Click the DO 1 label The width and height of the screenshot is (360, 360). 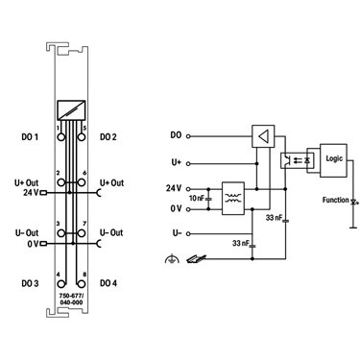click(30, 137)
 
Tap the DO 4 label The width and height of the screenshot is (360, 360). click(108, 283)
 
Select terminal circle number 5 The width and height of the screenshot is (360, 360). click(82, 137)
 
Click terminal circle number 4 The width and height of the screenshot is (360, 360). click(61, 284)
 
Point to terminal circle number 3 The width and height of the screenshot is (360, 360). click(61, 233)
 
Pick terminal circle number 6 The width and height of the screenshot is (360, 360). click(82, 182)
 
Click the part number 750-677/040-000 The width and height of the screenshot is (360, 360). click(71, 299)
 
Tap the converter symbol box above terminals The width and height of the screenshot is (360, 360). click(71, 110)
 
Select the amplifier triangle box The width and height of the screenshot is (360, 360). click(263, 136)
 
